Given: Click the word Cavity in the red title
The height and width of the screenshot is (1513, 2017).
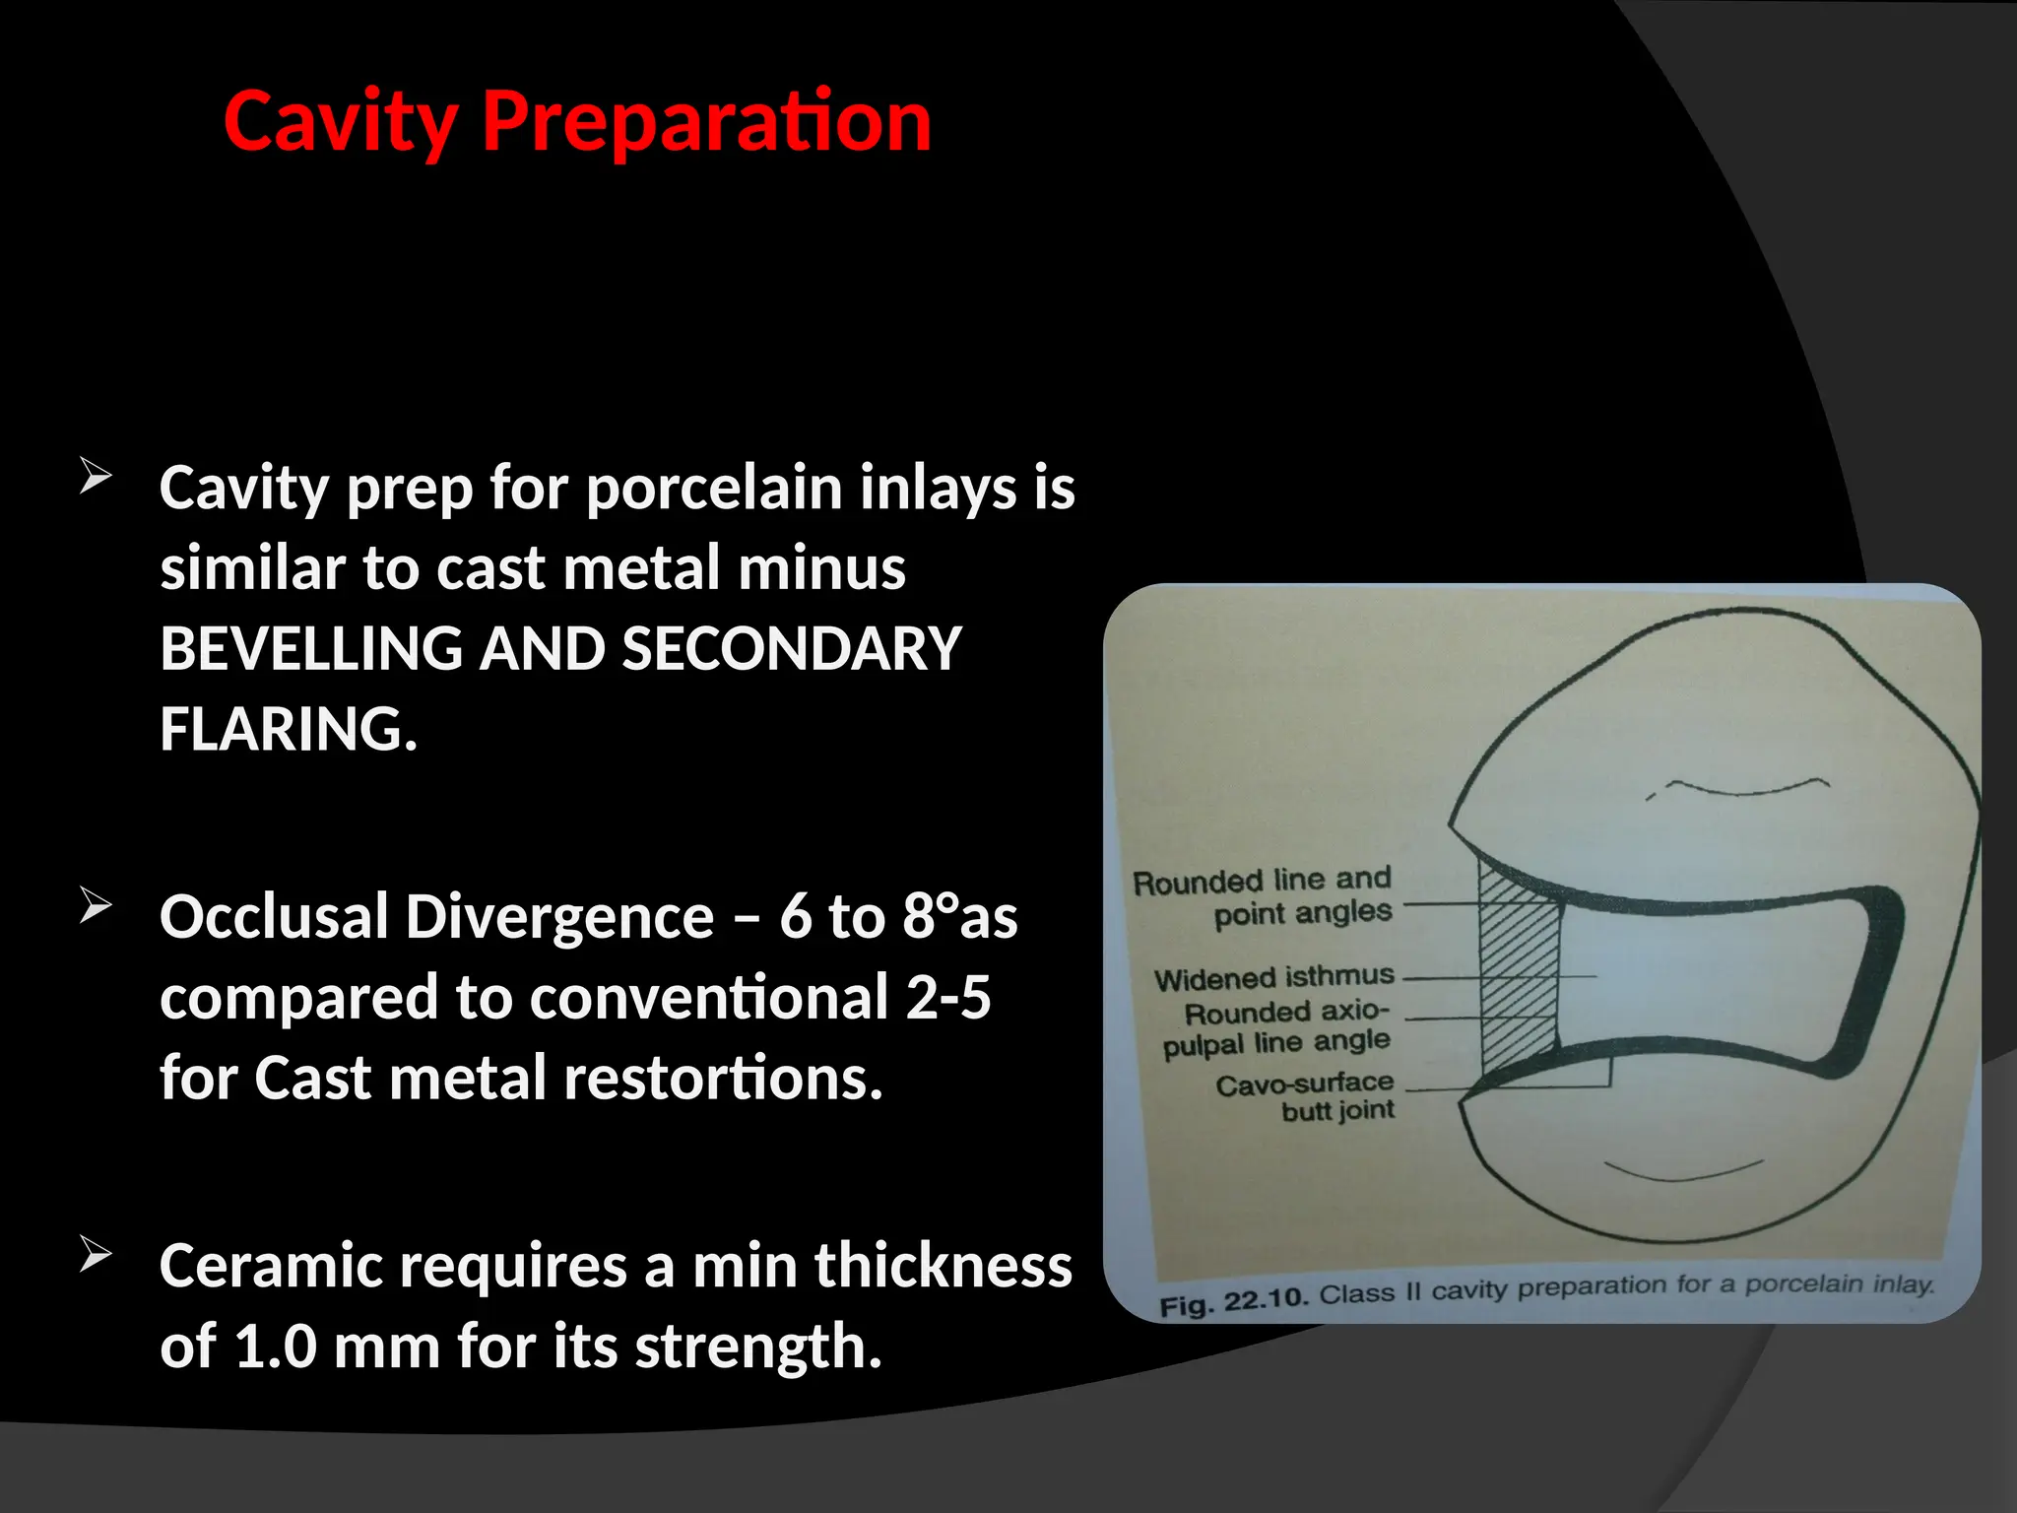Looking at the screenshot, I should coord(340,122).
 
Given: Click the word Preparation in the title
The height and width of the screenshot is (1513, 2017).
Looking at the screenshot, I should coord(705,122).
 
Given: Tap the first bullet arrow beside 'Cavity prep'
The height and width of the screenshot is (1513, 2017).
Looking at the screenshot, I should coord(96,477).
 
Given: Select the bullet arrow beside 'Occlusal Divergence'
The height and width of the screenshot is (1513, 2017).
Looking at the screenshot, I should coord(96,905).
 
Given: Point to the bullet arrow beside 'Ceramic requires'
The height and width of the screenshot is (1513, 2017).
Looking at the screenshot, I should coord(96,1255).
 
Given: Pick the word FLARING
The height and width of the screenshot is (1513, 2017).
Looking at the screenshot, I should coord(289,730).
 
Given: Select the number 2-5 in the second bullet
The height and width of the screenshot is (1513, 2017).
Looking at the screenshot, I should coord(947,998).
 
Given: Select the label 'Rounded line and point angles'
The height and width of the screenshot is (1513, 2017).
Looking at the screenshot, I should coord(1265,896).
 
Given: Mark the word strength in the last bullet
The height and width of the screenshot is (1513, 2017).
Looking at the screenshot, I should coord(758,1347).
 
